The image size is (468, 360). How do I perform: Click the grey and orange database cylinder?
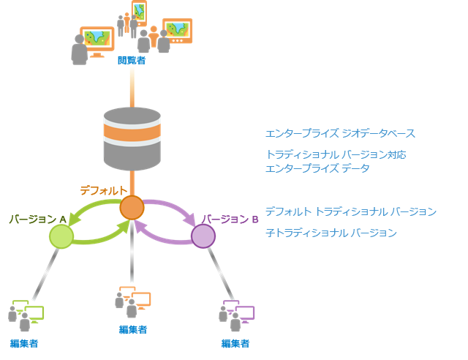pyautogui.click(x=132, y=139)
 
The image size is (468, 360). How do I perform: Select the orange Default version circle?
pyautogui.click(x=132, y=207)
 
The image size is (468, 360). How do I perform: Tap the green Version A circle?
pyautogui.click(x=61, y=236)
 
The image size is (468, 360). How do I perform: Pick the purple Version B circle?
pyautogui.click(x=203, y=236)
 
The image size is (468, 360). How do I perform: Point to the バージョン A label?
pyautogui.click(x=38, y=220)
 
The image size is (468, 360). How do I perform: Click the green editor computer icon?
pyautogui.click(x=27, y=312)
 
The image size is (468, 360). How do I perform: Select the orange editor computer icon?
pyautogui.click(x=133, y=300)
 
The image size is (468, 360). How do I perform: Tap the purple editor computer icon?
pyautogui.click(x=238, y=312)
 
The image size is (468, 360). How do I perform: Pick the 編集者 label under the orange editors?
pyautogui.click(x=133, y=329)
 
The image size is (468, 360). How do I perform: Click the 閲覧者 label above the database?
pyautogui.click(x=132, y=60)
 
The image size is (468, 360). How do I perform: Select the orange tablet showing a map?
pyautogui.click(x=138, y=11)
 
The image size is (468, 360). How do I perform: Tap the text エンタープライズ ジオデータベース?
pyautogui.click(x=340, y=134)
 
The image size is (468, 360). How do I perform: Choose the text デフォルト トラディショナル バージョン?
pyautogui.click(x=350, y=211)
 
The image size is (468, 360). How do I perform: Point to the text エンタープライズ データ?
pyautogui.click(x=317, y=168)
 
